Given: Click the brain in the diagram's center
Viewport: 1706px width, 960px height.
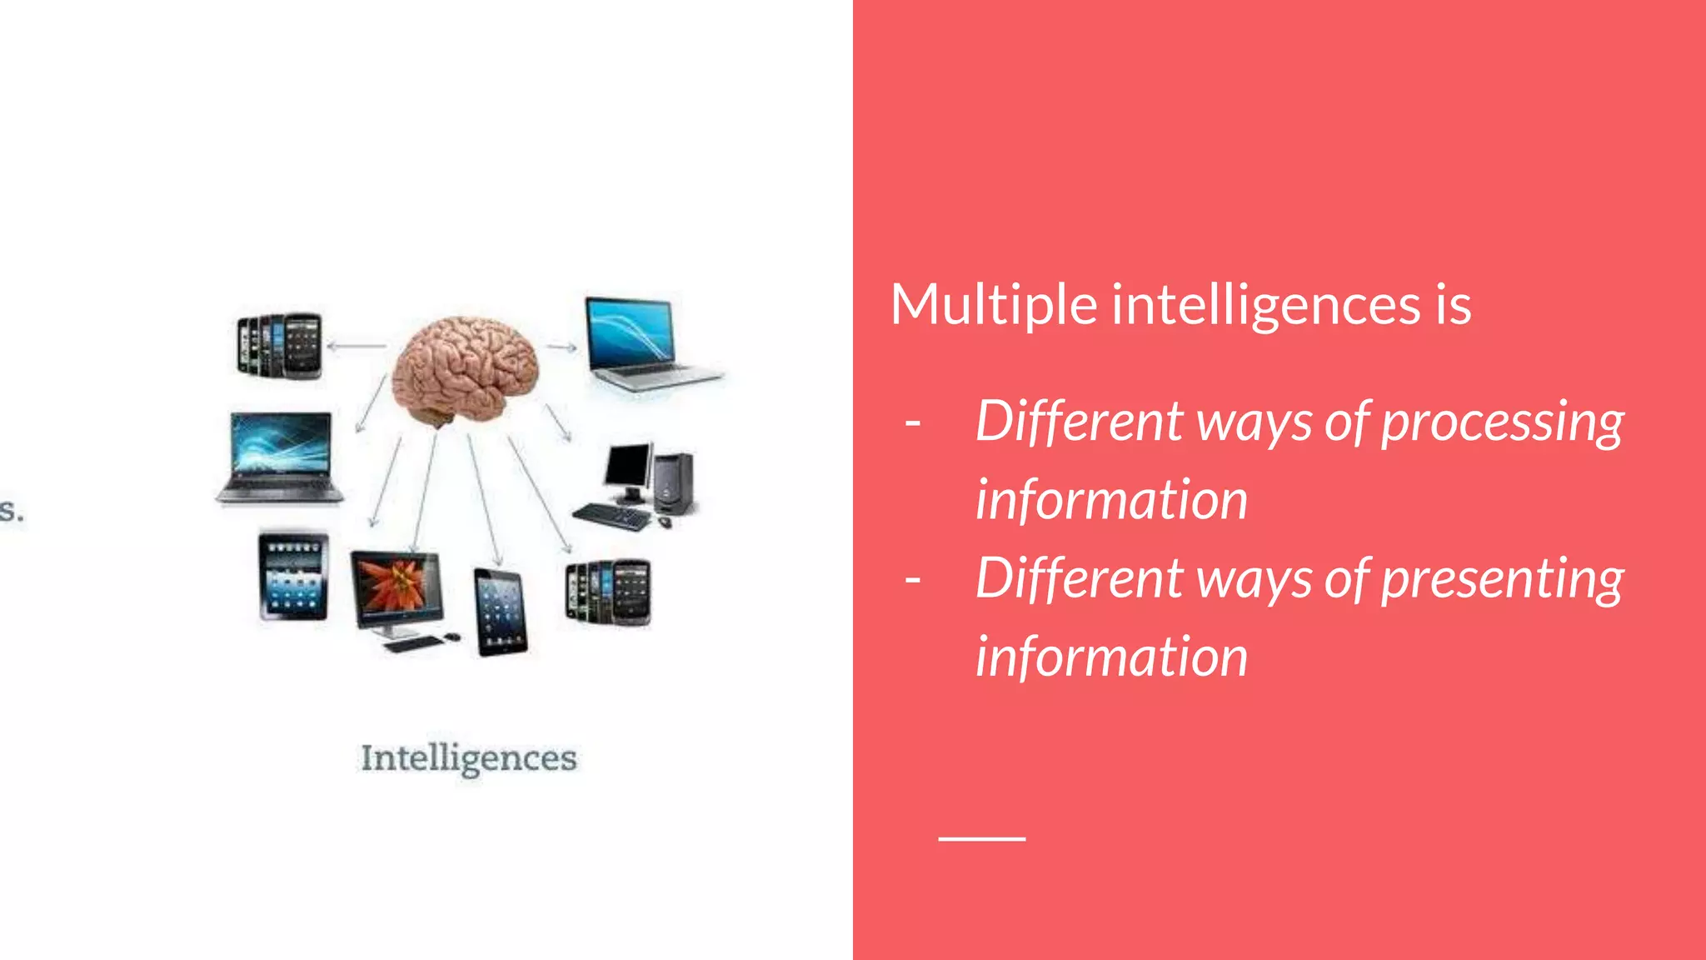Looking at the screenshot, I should coord(465,370).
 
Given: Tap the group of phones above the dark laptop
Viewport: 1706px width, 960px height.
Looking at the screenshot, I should coord(280,345).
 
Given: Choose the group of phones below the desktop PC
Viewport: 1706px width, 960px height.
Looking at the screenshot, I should coord(608,592).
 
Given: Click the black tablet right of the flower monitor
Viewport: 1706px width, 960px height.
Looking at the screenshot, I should coord(500,612).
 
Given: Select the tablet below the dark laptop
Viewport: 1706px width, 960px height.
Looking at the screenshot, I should coord(293,576).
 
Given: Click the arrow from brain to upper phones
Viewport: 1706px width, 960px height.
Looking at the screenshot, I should coord(357,346).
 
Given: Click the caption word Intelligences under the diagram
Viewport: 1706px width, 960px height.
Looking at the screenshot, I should coord(468,758).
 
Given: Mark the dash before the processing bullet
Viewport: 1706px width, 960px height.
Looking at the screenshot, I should coord(913,422).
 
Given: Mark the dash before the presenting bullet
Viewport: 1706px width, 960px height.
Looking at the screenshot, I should coord(913,578).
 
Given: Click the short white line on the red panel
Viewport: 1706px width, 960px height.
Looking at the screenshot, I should coord(981,838).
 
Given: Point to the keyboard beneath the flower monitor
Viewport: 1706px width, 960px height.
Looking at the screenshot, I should coord(414,643).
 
